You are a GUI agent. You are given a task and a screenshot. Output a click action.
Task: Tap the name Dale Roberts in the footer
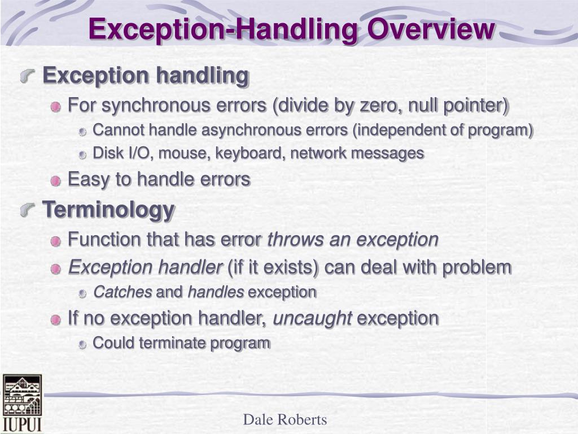285,419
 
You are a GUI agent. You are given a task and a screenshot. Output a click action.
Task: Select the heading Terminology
108,210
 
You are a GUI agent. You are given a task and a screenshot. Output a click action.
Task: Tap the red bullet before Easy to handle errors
55,181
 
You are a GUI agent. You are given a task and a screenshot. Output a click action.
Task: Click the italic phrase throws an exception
353,240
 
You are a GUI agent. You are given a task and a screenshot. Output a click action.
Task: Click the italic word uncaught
312,318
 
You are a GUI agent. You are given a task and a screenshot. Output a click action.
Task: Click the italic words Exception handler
145,267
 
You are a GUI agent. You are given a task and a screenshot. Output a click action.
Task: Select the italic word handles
216,292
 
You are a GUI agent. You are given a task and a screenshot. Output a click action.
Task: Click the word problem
477,267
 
